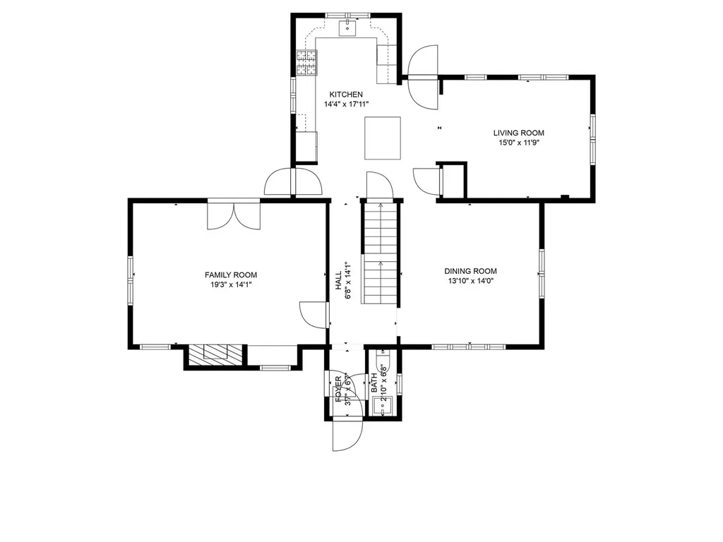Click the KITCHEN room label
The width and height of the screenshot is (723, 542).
(346, 95)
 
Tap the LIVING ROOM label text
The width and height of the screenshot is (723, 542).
(519, 133)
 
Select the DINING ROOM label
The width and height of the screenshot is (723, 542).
(470, 272)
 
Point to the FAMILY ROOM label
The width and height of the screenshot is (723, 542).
(231, 275)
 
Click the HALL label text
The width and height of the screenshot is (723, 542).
(339, 280)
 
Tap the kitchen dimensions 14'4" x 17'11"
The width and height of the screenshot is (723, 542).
(346, 104)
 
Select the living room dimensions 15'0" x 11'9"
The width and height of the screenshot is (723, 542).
(519, 143)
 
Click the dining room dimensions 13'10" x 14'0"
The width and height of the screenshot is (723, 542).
(471, 281)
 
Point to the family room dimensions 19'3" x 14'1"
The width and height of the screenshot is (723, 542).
(231, 285)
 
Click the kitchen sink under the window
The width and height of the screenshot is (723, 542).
(347, 28)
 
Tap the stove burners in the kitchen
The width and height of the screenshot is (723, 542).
(306, 63)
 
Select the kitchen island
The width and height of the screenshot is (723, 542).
(383, 138)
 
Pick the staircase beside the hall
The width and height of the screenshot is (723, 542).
(380, 253)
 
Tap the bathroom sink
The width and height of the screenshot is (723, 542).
(382, 406)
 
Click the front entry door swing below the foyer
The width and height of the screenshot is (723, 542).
(347, 434)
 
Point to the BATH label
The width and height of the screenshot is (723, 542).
(374, 383)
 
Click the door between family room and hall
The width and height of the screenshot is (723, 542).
(314, 315)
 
